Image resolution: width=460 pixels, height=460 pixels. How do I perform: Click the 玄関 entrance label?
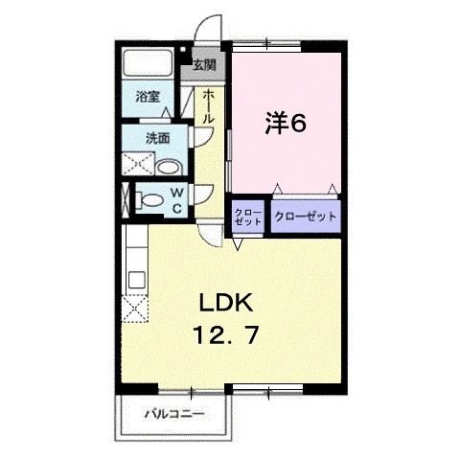point(203,66)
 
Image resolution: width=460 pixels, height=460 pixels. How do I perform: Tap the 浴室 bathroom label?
point(148,96)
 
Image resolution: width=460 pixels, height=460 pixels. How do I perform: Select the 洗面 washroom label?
point(157,137)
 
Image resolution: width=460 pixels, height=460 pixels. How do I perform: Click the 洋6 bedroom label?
point(285,124)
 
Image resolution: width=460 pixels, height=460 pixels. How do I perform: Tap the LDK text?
point(225,304)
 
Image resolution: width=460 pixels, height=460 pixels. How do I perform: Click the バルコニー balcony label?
point(173,415)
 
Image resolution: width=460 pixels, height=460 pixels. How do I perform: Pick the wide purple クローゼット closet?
point(306,217)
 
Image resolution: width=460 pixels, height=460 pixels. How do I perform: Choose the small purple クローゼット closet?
point(248,217)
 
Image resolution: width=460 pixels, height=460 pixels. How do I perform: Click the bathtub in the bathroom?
point(148,65)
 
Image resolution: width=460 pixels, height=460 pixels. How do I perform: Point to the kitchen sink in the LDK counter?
point(134,280)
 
